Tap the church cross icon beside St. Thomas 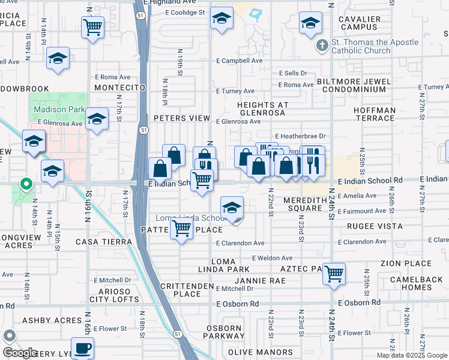(x=322, y=44)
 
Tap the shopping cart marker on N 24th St (x=334, y=274)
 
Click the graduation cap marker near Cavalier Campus (x=310, y=24)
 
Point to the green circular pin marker (x=25, y=184)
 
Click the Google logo (x=20, y=353)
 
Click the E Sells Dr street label (x=292, y=73)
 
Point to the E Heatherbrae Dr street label (x=300, y=136)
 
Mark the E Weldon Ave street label (x=272, y=257)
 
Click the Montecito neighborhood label (x=120, y=88)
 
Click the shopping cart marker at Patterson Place (x=181, y=228)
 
